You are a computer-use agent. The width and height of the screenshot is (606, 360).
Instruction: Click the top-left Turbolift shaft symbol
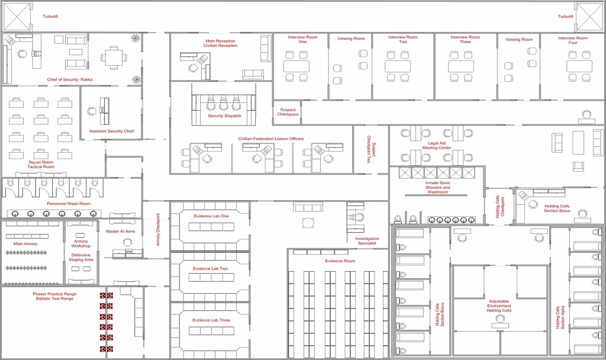pyautogui.click(x=17, y=17)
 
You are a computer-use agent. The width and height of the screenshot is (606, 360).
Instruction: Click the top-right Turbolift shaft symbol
pyautogui.click(x=589, y=17)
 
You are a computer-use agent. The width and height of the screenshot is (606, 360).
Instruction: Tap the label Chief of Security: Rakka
pyautogui.click(x=70, y=80)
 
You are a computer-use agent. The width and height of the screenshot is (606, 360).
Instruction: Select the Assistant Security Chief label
pyautogui.click(x=112, y=131)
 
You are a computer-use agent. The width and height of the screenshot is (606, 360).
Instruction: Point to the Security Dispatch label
pyautogui.click(x=224, y=116)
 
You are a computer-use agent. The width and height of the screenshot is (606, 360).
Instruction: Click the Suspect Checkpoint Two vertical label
pyautogui.click(x=371, y=149)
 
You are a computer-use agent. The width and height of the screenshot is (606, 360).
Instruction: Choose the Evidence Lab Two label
pyautogui.click(x=210, y=269)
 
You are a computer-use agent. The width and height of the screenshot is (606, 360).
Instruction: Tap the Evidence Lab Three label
pyautogui.click(x=211, y=320)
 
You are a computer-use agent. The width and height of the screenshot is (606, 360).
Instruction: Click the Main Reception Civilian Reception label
pyautogui.click(x=220, y=43)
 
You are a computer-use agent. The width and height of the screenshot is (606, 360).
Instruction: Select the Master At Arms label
pyautogui.click(x=121, y=232)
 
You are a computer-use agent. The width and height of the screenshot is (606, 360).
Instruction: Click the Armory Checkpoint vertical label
pyautogui.click(x=157, y=229)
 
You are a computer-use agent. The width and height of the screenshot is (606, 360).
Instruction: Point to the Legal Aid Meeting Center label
pyautogui.click(x=437, y=146)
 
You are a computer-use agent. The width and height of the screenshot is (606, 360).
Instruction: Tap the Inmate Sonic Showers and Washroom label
pyautogui.click(x=438, y=188)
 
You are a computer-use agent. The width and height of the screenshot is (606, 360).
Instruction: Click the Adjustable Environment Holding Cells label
pyautogui.click(x=499, y=306)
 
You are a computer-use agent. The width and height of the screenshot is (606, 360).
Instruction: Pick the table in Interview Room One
pyautogui.click(x=296, y=66)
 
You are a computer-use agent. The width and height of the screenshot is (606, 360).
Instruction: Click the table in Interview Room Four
pyautogui.click(x=579, y=66)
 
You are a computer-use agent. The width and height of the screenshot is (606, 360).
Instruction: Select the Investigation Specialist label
pyautogui.click(x=367, y=241)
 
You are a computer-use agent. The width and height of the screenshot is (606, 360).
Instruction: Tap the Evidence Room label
pyautogui.click(x=340, y=261)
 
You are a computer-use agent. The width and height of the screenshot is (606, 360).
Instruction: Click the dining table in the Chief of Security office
pyautogui.click(x=114, y=58)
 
